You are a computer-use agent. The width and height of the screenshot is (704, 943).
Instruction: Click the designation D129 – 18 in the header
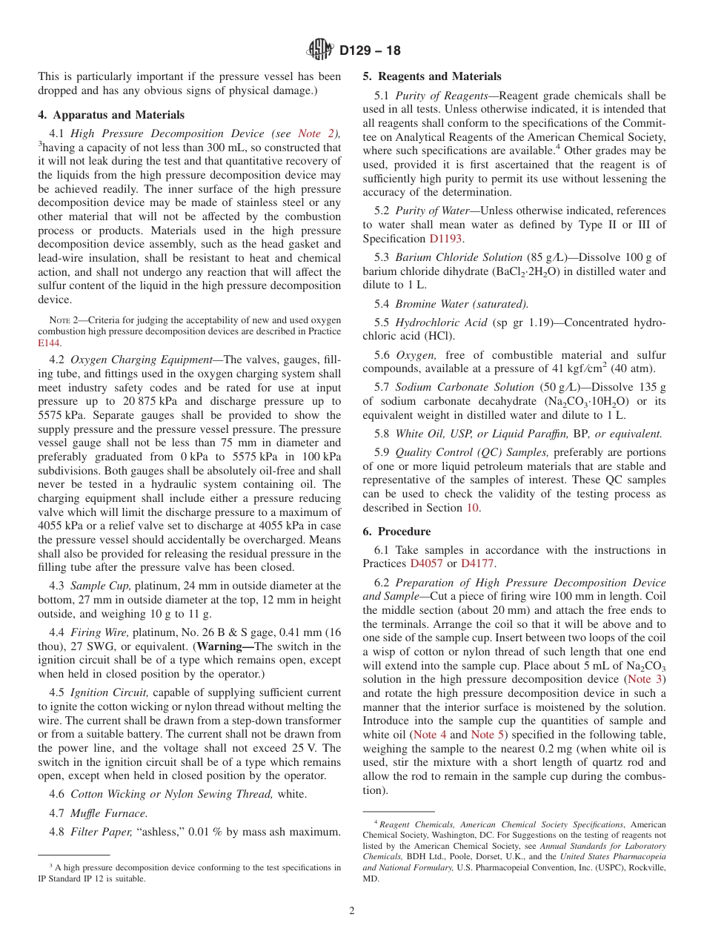coord(370,50)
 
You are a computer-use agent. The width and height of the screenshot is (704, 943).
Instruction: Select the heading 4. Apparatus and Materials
coord(111,115)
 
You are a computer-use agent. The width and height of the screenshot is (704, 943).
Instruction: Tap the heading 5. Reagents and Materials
coord(431,76)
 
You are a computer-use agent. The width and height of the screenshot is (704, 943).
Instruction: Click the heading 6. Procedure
coord(396,532)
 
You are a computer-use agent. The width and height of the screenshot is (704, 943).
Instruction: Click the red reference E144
coord(49,343)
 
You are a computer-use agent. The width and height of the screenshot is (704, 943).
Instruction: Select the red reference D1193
coord(446,239)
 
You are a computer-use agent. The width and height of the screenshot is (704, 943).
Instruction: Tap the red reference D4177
coord(476,563)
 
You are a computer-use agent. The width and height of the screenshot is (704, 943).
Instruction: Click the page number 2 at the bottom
coord(352,910)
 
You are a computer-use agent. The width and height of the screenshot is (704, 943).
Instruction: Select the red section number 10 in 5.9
coord(472,508)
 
